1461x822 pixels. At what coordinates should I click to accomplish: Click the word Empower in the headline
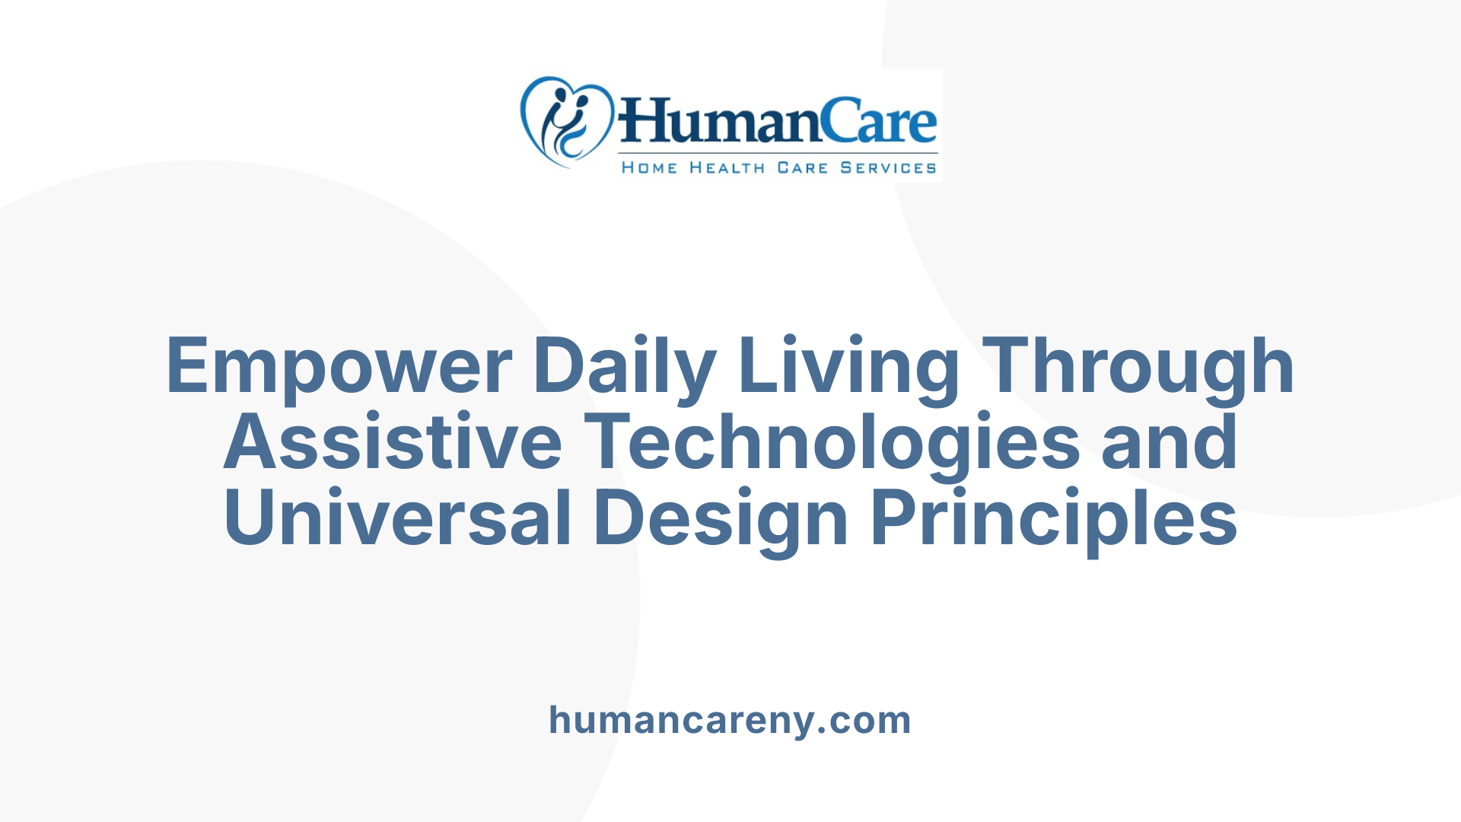(339, 367)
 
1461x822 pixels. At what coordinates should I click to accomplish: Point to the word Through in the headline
(1138, 367)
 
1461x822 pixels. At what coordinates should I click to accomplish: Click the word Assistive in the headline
(393, 443)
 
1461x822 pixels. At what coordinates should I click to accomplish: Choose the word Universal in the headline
(397, 519)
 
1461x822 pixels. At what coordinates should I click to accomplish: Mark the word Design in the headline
(720, 519)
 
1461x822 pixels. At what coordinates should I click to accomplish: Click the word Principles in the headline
(1054, 519)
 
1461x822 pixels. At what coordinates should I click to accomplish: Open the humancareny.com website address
(730, 720)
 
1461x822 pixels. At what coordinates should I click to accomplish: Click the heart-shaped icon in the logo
(566, 120)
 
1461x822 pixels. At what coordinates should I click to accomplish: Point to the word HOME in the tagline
(649, 167)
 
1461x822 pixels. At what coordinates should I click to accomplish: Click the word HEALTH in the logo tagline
(727, 167)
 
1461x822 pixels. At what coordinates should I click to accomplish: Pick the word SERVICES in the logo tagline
(888, 167)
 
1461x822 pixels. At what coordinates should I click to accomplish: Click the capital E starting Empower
(187, 367)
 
